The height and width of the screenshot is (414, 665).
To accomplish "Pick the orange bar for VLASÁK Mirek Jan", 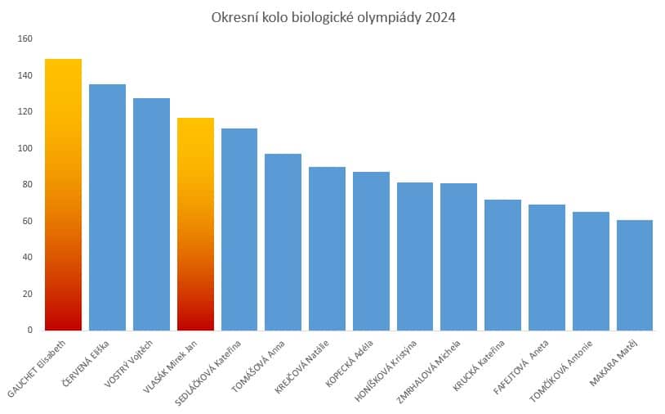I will point(195,224).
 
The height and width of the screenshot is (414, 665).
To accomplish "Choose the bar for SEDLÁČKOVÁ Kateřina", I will point(239,229).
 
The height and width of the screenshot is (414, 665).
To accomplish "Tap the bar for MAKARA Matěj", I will point(635,275).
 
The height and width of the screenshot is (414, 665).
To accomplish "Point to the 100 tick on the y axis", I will point(25,148).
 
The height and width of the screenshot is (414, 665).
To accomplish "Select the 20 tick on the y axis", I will point(27,294).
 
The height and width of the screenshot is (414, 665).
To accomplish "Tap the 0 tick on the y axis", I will point(29,330).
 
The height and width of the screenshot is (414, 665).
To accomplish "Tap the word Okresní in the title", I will point(232,16).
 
